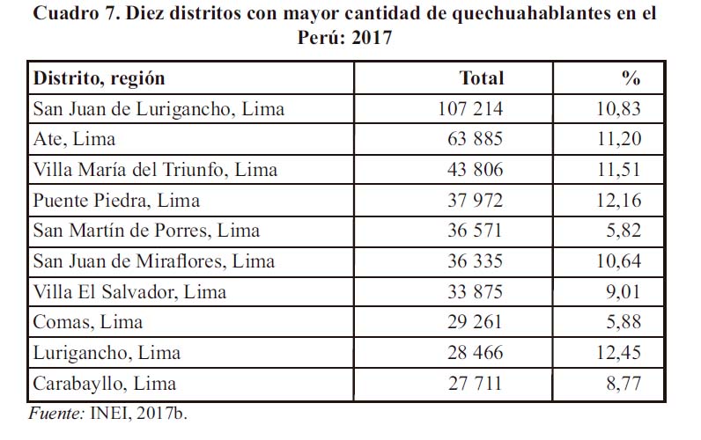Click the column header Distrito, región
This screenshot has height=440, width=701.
[x=99, y=77]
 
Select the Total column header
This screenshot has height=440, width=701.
[x=482, y=77]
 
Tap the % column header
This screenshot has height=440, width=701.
[x=631, y=77]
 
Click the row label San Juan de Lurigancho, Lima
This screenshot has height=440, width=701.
[x=159, y=109]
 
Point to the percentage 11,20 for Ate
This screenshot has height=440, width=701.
[x=617, y=139]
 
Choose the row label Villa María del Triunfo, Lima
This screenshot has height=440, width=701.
[x=155, y=170]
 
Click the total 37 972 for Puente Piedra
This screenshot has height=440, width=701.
[x=476, y=201]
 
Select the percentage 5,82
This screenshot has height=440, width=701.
[x=622, y=231]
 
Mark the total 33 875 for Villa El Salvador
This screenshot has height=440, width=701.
[x=476, y=292]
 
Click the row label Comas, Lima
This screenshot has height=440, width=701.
[x=88, y=322]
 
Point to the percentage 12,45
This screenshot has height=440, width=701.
[x=617, y=353]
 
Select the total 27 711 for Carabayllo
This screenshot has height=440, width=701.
[x=476, y=384]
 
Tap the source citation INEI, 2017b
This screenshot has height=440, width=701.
[x=137, y=412]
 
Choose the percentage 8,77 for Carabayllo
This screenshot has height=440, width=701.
[x=622, y=384]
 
